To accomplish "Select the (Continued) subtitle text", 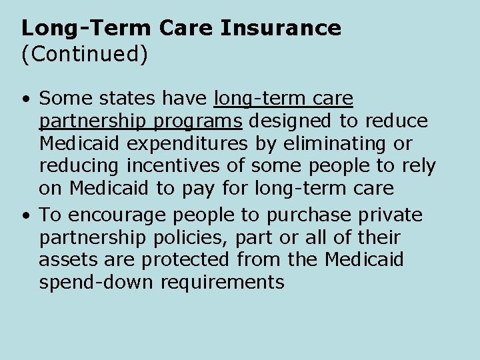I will pos(85,54).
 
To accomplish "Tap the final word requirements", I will pos(222,283).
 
